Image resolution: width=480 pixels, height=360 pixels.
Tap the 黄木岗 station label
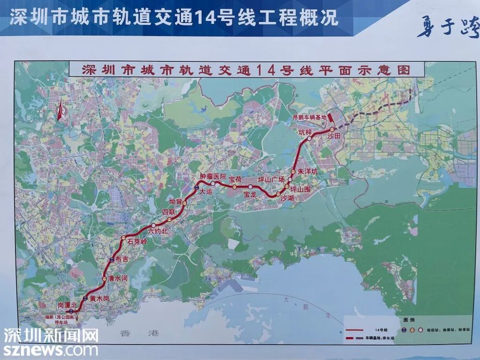pos(99,299)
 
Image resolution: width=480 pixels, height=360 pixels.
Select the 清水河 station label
pos(118,278)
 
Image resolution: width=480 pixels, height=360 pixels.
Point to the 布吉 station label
pos(122,259)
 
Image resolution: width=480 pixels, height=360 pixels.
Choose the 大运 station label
pos(205,191)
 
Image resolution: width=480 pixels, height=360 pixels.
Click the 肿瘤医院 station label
pos(213,177)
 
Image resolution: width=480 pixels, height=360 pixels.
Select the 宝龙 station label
pos(250,194)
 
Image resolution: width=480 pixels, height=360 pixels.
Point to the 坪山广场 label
pos(272,180)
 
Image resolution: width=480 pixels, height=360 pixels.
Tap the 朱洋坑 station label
pos(308,171)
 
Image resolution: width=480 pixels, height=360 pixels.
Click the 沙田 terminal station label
pos(334,136)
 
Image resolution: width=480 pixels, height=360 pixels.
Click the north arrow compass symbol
pos(60,111)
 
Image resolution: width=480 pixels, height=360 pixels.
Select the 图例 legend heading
pos(409,319)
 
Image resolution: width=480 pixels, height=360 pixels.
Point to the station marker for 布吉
pos(112,259)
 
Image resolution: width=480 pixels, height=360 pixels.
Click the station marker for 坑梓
pos(310,138)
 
